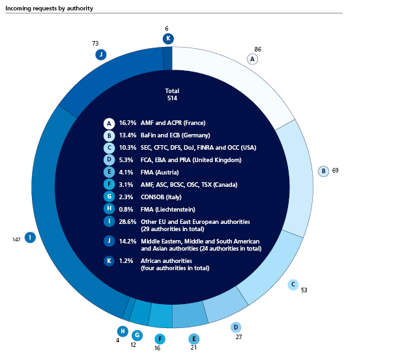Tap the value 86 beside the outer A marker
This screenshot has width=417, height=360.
click(x=258, y=49)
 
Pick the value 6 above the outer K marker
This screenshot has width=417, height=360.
click(x=167, y=28)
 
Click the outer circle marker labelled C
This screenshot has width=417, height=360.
click(x=293, y=284)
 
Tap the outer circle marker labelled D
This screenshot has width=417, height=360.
click(x=236, y=327)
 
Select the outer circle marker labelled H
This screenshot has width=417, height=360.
click(x=122, y=331)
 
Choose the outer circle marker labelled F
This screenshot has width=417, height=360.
click(x=160, y=339)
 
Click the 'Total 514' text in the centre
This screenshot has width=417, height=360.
click(x=172, y=94)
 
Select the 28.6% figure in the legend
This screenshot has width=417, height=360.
click(x=128, y=221)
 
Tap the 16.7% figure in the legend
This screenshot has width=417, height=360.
click(x=128, y=123)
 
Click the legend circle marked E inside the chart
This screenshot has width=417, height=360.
click(x=109, y=173)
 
